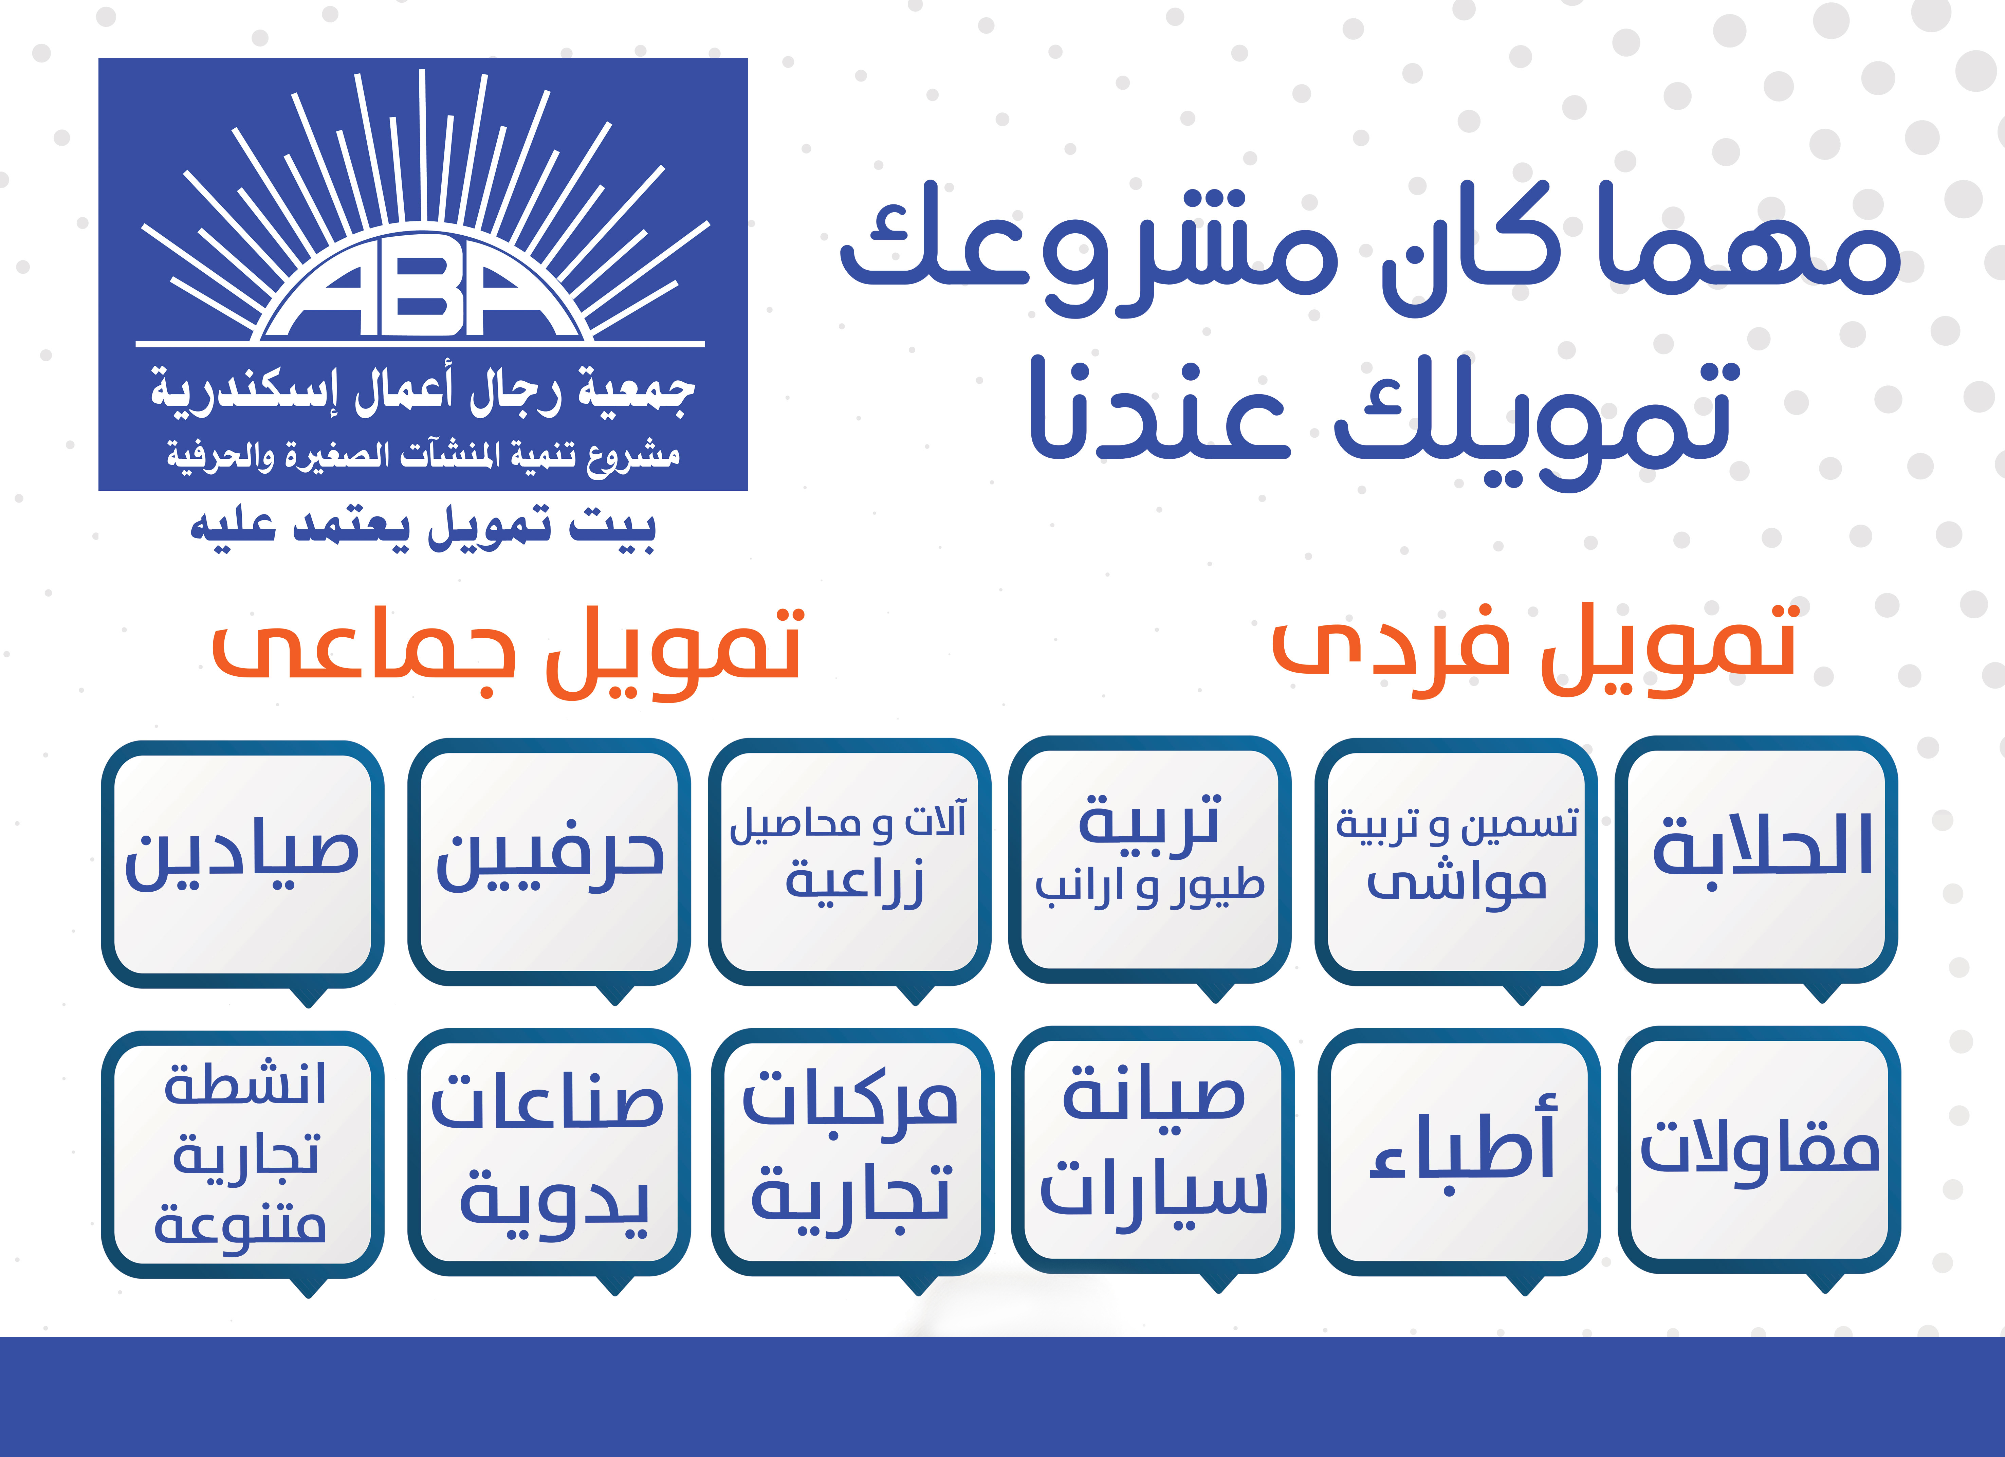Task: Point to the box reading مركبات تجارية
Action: (x=852, y=1152)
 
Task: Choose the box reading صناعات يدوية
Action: (x=549, y=1152)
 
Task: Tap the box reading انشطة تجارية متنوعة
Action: (x=242, y=1155)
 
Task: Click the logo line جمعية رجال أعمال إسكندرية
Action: (x=423, y=389)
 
